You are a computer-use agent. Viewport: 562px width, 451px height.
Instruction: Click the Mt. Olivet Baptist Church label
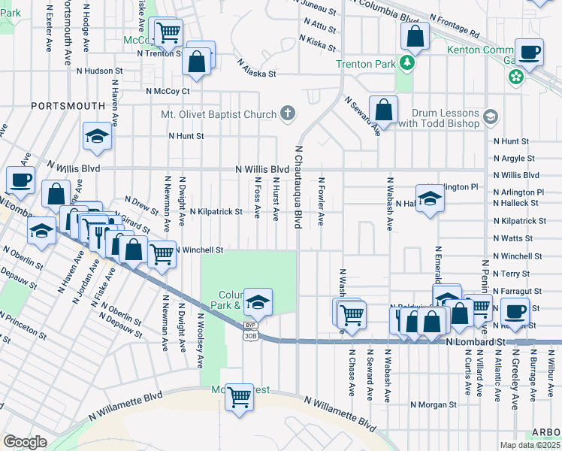[216, 115]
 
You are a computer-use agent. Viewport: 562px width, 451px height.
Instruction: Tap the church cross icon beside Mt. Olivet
[286, 114]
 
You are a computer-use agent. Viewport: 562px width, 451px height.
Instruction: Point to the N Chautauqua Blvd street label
[298, 187]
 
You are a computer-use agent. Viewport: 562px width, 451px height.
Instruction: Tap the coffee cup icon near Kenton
[530, 52]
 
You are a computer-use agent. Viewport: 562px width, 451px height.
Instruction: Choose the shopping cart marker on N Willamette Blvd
[239, 395]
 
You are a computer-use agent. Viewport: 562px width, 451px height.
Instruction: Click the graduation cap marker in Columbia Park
[258, 302]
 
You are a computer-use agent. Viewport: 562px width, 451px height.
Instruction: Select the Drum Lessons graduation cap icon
[491, 116]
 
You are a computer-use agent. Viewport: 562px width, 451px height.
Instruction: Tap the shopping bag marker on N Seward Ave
[383, 110]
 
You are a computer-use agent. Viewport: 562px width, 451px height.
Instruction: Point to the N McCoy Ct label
[168, 92]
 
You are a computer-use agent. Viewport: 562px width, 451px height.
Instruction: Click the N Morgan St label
[434, 404]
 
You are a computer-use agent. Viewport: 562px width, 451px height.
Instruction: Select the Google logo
[25, 442]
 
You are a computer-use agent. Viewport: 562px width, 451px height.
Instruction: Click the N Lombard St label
[473, 342]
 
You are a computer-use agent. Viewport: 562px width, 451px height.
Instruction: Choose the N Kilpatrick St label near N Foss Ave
[216, 212]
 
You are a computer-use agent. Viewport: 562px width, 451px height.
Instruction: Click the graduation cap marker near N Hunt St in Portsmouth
[98, 136]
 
